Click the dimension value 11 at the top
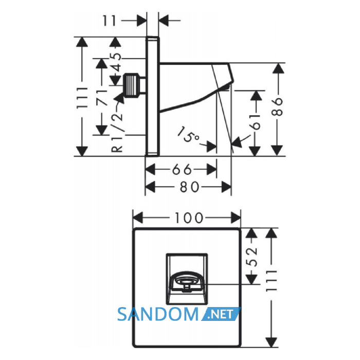(x=110, y=21)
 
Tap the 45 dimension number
(x=117, y=62)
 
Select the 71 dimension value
(x=102, y=98)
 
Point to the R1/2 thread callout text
(x=117, y=130)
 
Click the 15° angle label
(x=188, y=135)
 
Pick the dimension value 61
(x=256, y=122)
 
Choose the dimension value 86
(x=277, y=107)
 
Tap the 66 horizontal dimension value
(x=182, y=169)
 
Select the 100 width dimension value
(x=189, y=218)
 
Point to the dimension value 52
(x=252, y=257)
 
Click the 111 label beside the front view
(x=272, y=281)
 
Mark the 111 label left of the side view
(x=82, y=98)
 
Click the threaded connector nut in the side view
(x=131, y=85)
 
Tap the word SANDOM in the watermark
(x=157, y=314)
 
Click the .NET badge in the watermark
(x=221, y=314)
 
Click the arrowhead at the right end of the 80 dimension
(x=226, y=187)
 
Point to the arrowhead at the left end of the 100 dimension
(x=138, y=218)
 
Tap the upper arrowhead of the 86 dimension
(x=278, y=68)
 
